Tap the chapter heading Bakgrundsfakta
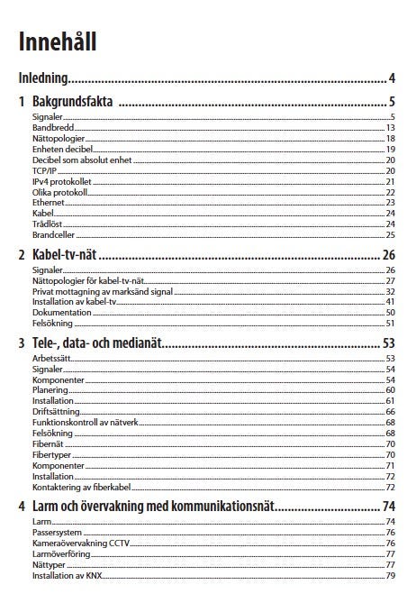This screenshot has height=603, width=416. [x=72, y=102]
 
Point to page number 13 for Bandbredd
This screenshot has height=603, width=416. [x=391, y=128]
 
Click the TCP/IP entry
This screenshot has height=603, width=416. [x=44, y=169]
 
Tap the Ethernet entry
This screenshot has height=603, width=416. [x=49, y=202]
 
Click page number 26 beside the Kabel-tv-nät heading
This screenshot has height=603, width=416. [x=389, y=255]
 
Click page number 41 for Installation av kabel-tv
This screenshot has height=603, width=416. [x=391, y=302]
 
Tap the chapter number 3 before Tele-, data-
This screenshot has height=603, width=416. [x=21, y=343]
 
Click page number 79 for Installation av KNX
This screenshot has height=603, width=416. [x=391, y=575]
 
